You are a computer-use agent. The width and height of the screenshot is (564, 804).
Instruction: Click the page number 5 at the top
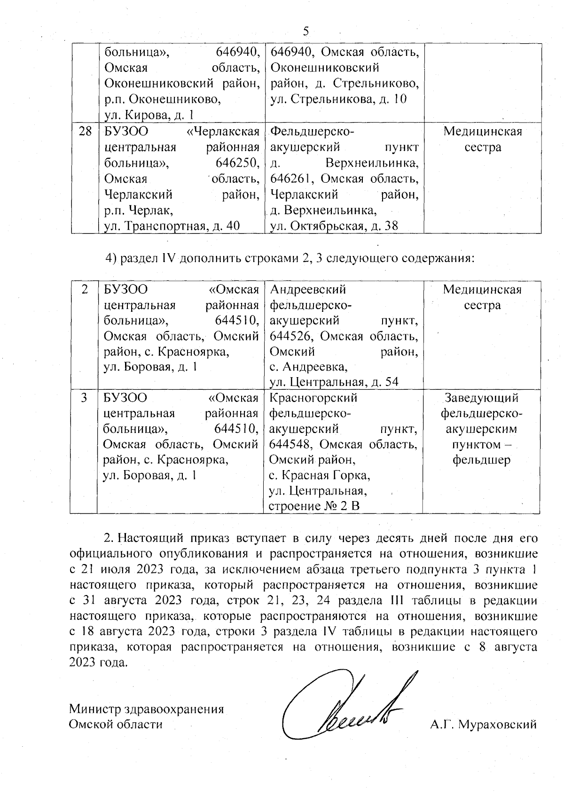tap(306, 31)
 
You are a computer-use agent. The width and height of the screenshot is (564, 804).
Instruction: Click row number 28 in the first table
tap(85, 131)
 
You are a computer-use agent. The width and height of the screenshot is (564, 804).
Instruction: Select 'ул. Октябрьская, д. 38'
tap(334, 226)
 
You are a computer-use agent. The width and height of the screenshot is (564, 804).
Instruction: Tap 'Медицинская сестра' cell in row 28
tap(482, 139)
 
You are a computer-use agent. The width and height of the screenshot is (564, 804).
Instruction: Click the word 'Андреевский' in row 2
tap(308, 289)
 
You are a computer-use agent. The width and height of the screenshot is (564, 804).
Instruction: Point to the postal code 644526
tap(288, 336)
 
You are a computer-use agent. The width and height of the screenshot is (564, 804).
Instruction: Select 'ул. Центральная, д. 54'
tap(334, 382)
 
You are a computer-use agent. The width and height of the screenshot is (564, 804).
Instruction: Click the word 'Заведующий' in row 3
tap(481, 398)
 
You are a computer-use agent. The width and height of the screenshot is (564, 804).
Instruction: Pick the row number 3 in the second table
tap(84, 398)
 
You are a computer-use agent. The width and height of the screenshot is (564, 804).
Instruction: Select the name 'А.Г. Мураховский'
tap(483, 725)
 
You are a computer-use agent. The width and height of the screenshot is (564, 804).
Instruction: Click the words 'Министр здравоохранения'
tap(146, 709)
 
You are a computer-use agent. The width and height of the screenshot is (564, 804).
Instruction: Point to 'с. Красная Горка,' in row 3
tap(319, 475)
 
